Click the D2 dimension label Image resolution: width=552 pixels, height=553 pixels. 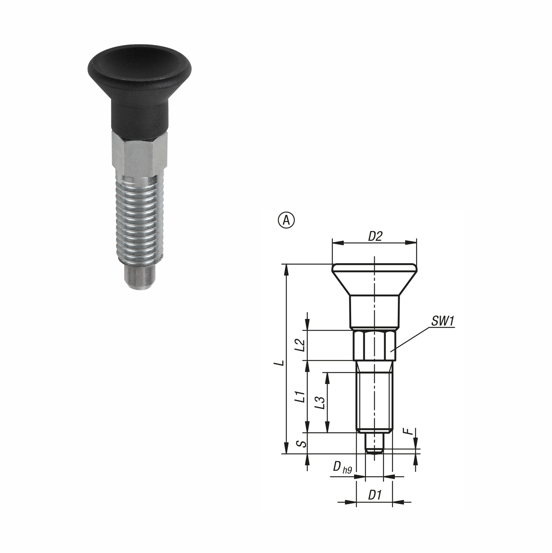point(375,237)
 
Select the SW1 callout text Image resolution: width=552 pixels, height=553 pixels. point(443,321)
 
